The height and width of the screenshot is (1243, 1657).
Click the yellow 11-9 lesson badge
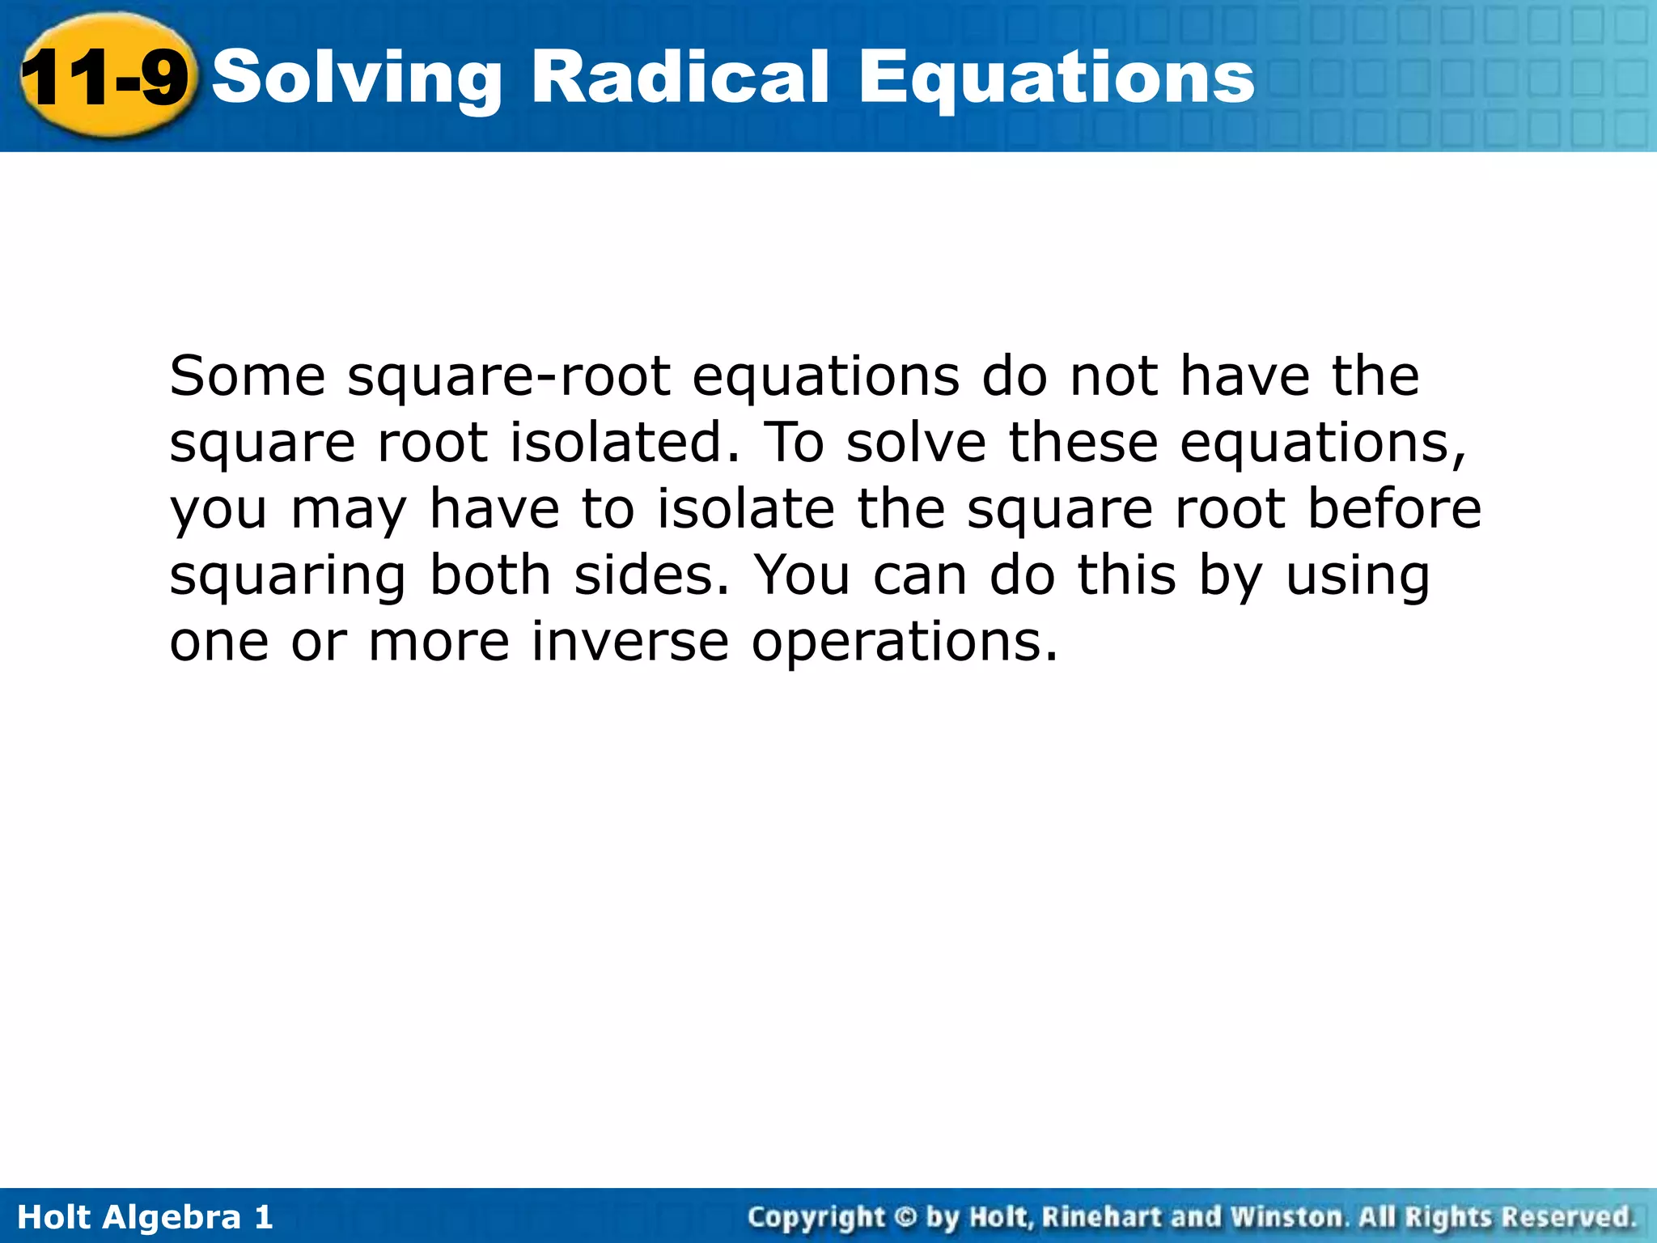pos(105,78)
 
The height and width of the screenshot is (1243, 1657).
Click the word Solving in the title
pos(357,78)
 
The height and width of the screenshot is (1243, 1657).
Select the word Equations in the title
pos(1056,78)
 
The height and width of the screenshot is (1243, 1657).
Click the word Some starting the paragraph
pos(248,376)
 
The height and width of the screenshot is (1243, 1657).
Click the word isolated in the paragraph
pos(624,443)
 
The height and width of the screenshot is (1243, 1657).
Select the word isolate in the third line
pos(745,509)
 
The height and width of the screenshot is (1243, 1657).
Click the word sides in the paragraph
pos(651,575)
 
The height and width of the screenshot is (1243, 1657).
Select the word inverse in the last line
pos(630,642)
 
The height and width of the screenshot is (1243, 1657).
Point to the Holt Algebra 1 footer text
pos(145,1217)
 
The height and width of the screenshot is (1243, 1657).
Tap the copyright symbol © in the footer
pos(905,1217)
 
